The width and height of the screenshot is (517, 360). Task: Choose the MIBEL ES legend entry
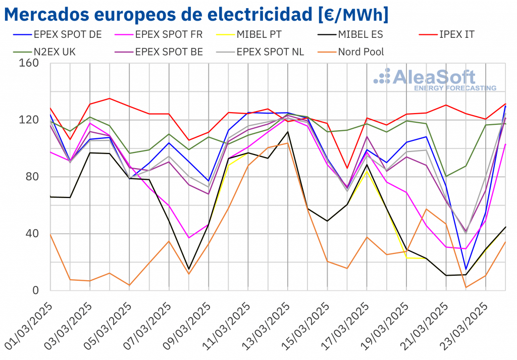(360, 35)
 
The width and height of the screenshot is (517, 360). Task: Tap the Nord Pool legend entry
(360, 52)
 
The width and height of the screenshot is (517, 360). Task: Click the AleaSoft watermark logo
(434, 79)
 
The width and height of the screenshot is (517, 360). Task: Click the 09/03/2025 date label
(187, 326)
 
